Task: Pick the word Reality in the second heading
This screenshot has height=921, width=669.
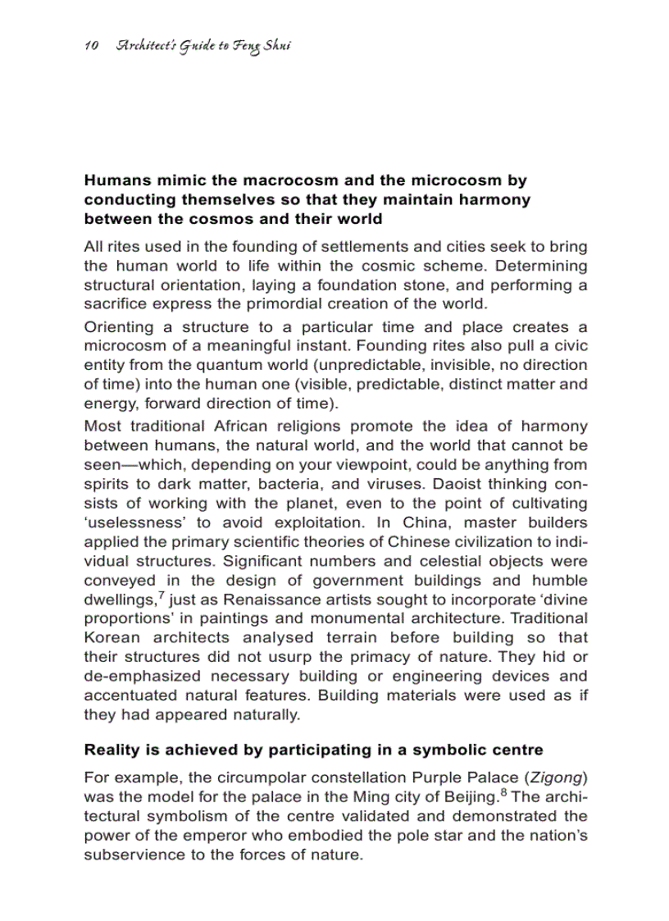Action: click(x=110, y=750)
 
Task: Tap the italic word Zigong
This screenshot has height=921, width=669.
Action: click(x=553, y=777)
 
